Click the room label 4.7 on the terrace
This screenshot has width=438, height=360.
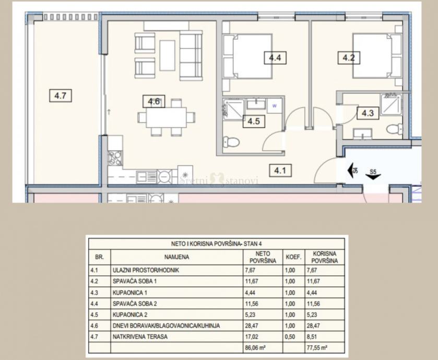click(61, 95)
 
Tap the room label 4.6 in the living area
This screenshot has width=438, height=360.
click(153, 101)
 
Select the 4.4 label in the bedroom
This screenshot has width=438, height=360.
click(275, 58)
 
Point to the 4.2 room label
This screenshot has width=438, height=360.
click(349, 58)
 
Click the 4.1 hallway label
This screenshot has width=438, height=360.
click(280, 170)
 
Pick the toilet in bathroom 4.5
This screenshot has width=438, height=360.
click(232, 142)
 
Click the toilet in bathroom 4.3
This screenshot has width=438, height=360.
click(395, 129)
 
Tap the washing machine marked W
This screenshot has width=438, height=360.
click(274, 106)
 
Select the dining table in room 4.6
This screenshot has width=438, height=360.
click(167, 117)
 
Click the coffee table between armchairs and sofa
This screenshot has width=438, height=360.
click(167, 55)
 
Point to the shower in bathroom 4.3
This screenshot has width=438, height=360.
click(391, 104)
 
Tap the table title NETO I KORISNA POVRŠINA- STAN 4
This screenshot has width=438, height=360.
click(217, 244)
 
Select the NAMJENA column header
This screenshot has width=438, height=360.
click(176, 257)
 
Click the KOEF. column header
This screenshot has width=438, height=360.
click(293, 257)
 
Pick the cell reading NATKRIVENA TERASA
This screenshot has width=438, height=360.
click(140, 337)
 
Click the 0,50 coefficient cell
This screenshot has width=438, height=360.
click(290, 337)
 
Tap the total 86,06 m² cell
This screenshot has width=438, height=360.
click(255, 348)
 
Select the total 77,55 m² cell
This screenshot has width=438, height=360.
click(317, 348)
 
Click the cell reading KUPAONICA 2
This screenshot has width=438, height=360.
click(130, 315)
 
